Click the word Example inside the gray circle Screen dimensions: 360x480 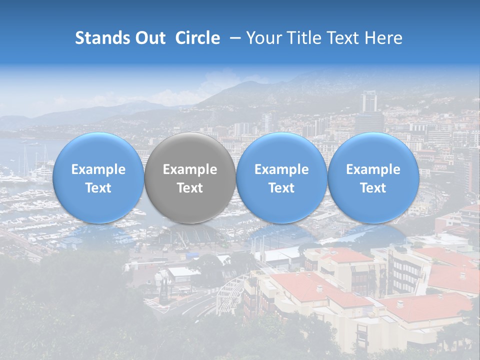190,169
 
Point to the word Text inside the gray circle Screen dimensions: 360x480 190,188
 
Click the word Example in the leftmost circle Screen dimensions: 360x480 98,169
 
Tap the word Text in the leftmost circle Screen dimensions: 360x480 98,188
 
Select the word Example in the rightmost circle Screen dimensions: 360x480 373,169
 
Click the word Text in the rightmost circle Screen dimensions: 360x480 373,188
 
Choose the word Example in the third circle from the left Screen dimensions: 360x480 281,169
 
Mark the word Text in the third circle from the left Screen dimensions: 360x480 281,188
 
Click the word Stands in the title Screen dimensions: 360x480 99,38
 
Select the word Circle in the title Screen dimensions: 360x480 197,38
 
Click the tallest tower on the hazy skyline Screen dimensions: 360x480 369,102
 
